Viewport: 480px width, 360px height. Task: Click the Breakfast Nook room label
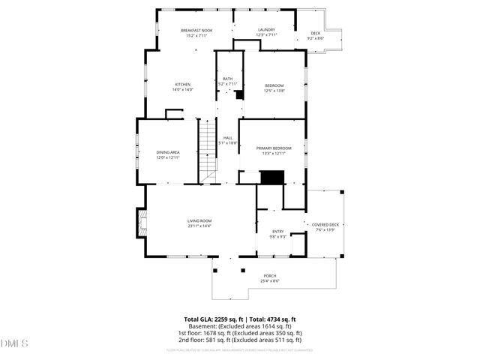click(196, 31)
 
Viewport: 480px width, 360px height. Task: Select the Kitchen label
click(183, 84)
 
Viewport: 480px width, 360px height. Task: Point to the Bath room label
click(227, 79)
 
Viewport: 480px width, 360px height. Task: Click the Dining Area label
click(168, 152)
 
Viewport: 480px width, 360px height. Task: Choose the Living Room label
click(199, 220)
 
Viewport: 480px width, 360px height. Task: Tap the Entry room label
click(277, 231)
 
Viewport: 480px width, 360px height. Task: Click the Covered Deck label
click(325, 225)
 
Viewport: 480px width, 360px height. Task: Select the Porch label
click(270, 276)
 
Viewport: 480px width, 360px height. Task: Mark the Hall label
click(227, 137)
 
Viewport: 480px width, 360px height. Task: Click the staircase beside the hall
click(208, 150)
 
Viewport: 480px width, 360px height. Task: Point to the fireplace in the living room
click(140, 220)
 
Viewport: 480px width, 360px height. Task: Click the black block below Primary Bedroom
click(272, 177)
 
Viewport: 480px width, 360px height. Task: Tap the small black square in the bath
click(239, 95)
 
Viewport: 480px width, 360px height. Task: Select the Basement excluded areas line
click(240, 326)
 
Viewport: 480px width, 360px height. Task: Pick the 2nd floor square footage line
click(240, 340)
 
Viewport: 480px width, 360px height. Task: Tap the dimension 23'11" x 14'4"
click(199, 225)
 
